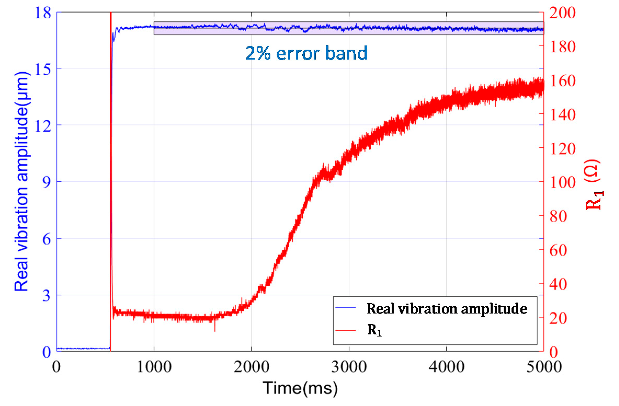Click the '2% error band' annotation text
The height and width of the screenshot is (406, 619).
pos(306,53)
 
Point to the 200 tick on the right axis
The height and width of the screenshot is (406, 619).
pos(562,13)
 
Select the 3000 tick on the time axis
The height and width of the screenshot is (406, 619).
pos(349,367)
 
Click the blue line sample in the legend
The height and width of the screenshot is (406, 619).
pos(345,308)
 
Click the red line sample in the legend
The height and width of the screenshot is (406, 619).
pos(345,330)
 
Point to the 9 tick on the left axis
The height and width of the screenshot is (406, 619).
pos(46,182)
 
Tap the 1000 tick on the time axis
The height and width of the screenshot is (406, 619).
pos(154,367)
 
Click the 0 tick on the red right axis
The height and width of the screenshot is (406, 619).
pos(554,352)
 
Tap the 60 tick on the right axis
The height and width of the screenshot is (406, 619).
pos(558,250)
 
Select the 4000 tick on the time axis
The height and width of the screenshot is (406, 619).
pos(446,367)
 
